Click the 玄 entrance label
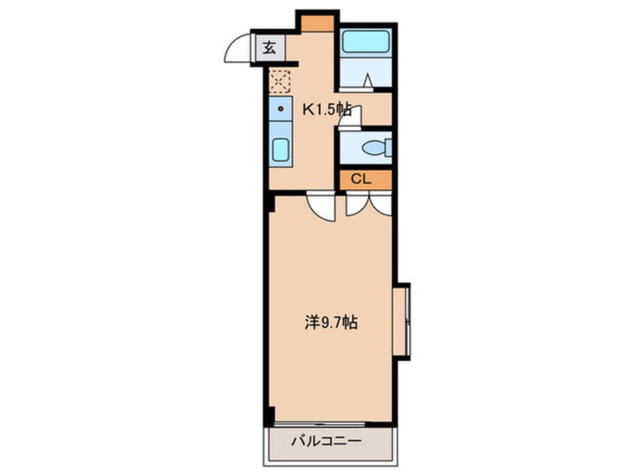tap(269, 48)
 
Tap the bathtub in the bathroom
tap(366, 41)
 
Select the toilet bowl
tap(375, 148)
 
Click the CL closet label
tap(361, 179)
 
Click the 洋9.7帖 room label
tap(331, 323)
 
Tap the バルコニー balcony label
tap(327, 441)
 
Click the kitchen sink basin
tap(281, 150)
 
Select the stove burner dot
tap(280, 109)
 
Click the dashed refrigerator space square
tap(280, 81)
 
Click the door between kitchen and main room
tap(321, 206)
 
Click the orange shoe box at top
tap(317, 23)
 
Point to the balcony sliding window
tap(320, 424)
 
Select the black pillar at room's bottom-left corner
tap(270, 413)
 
